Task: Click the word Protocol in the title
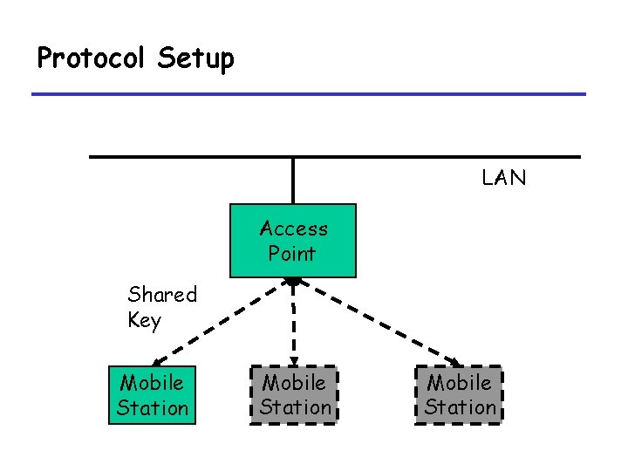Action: pyautogui.click(x=93, y=58)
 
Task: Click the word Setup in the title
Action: pyautogui.click(x=196, y=59)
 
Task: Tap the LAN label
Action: pyautogui.click(x=504, y=179)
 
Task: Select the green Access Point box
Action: pyautogui.click(x=293, y=240)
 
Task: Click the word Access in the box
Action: pyautogui.click(x=294, y=229)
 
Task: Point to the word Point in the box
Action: pyautogui.click(x=292, y=254)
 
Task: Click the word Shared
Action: pyautogui.click(x=163, y=294)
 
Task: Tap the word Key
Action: pyautogui.click(x=144, y=320)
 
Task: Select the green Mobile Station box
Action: pyautogui.click(x=153, y=395)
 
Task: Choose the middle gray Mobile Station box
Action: pyautogui.click(x=295, y=395)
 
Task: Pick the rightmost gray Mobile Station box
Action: pyautogui.click(x=460, y=395)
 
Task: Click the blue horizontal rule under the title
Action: pyautogui.click(x=309, y=94)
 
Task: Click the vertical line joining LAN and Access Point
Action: pyautogui.click(x=293, y=181)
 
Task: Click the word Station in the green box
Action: pyautogui.click(x=153, y=407)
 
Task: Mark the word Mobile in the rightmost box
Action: pyautogui.click(x=460, y=383)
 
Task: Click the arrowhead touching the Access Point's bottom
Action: pyautogui.click(x=294, y=282)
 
